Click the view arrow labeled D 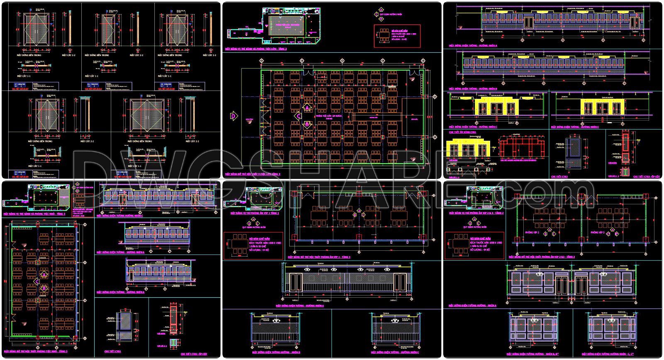click(x=233, y=117)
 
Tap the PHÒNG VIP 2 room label click(x=534, y=233)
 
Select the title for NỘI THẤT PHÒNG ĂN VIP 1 click(x=319, y=257)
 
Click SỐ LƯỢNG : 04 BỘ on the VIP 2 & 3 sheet click(x=480, y=250)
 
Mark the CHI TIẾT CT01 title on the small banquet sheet click(x=112, y=352)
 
